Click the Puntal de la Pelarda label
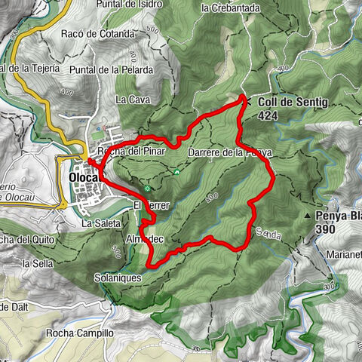click(x=121, y=70)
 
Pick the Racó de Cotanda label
click(x=103, y=34)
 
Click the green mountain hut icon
click(x=176, y=171)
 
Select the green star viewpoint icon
click(x=148, y=188)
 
